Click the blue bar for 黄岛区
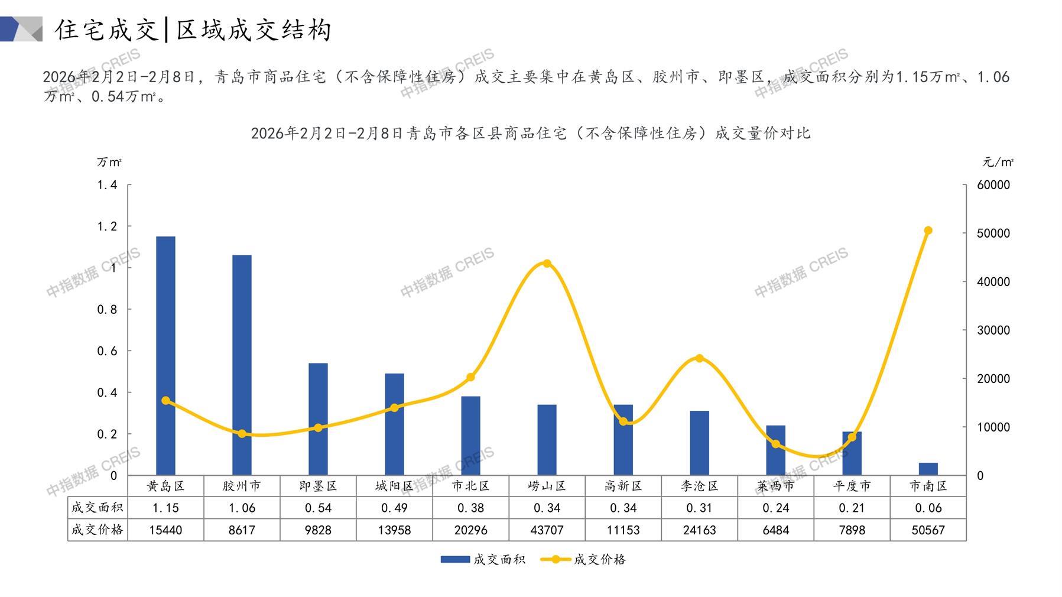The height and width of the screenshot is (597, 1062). coord(165,355)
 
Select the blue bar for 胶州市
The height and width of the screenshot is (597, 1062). coord(242,365)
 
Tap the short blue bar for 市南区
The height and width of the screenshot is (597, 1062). coord(928,469)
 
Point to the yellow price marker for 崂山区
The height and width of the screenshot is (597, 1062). coord(547,264)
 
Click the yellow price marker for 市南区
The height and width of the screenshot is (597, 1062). coord(928,231)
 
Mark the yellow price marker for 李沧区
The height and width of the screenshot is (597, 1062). coord(699,358)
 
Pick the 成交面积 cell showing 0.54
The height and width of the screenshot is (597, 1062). coord(318,508)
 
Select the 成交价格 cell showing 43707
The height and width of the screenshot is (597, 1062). coord(547,530)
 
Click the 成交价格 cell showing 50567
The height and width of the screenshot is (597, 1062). coord(928,530)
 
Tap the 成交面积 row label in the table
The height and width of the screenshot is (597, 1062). coord(97,507)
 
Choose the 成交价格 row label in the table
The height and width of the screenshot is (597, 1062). coord(97,530)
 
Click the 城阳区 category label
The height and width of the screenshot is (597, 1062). coord(394,486)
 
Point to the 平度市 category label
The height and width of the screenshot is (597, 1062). coord(852,486)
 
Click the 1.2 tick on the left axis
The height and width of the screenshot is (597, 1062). coord(107,226)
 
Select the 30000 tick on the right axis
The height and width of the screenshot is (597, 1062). coord(993,330)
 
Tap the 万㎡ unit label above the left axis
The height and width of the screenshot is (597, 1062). coord(109,162)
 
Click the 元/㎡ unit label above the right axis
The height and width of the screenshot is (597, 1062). coord(998,162)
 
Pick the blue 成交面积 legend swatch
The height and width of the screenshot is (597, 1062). coord(455,559)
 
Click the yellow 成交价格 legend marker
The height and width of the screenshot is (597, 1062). coord(555,559)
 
